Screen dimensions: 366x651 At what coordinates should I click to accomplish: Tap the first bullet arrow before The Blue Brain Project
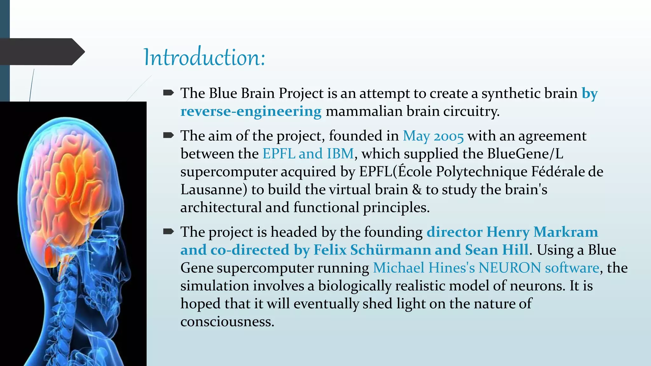tap(168, 93)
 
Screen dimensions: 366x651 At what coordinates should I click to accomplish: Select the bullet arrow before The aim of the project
tap(168, 135)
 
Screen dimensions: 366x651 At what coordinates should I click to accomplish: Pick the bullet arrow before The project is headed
tap(168, 232)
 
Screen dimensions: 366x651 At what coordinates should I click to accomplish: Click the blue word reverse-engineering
tap(251, 111)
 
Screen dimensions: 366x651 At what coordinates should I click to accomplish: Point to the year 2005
tap(449, 136)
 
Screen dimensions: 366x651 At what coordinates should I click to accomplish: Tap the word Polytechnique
tap(482, 172)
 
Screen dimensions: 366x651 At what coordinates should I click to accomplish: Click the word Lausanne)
tap(214, 190)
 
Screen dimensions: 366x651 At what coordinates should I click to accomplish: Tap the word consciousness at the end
tap(227, 322)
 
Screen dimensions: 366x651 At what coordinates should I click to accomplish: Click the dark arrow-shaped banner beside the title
tap(41, 51)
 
